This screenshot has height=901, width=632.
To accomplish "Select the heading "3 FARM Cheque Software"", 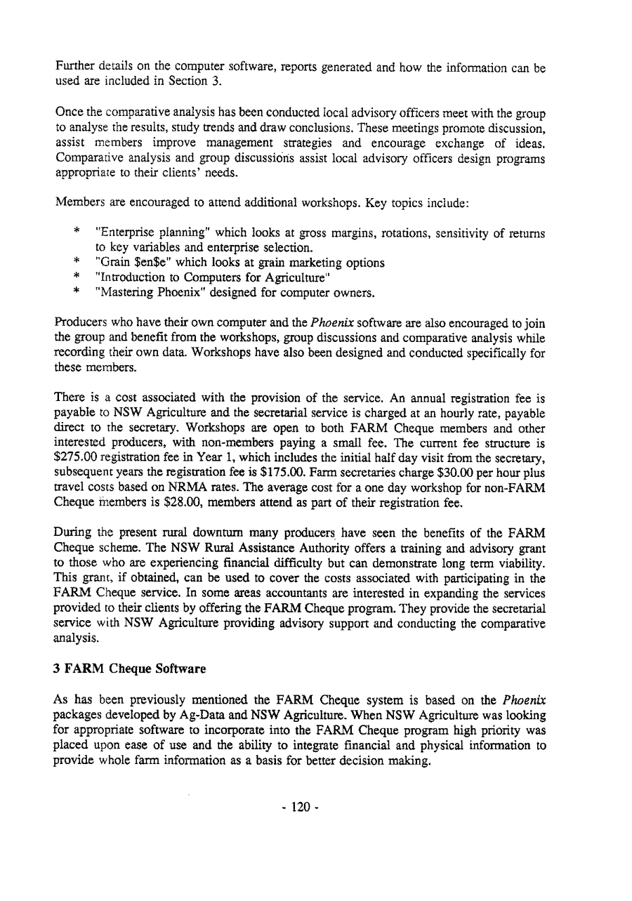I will tap(130, 669).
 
